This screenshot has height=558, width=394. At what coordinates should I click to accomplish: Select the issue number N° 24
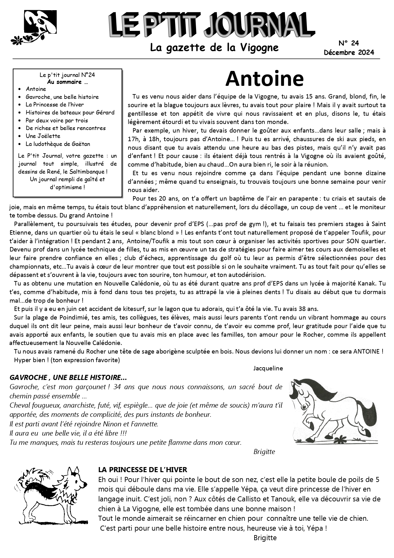349,43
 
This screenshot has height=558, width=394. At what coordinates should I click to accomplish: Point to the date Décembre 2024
349,52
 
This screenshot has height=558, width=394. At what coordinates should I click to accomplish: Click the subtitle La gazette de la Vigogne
214,48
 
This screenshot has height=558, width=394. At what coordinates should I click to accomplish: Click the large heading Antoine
264,79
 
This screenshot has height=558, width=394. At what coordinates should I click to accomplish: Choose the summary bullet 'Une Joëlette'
43,136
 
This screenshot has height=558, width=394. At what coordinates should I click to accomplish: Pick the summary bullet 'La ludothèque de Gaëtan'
58,144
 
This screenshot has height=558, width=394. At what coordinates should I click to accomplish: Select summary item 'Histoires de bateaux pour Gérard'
70,112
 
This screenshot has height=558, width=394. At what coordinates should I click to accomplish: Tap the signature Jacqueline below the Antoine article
268,368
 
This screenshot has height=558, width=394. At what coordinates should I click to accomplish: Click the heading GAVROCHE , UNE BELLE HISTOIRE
68,377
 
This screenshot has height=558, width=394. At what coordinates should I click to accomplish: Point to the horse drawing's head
302,394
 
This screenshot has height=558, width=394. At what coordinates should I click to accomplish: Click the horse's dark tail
369,413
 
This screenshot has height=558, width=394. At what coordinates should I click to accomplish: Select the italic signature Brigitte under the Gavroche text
264,451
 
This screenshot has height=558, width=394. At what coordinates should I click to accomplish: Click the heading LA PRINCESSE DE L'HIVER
143,470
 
